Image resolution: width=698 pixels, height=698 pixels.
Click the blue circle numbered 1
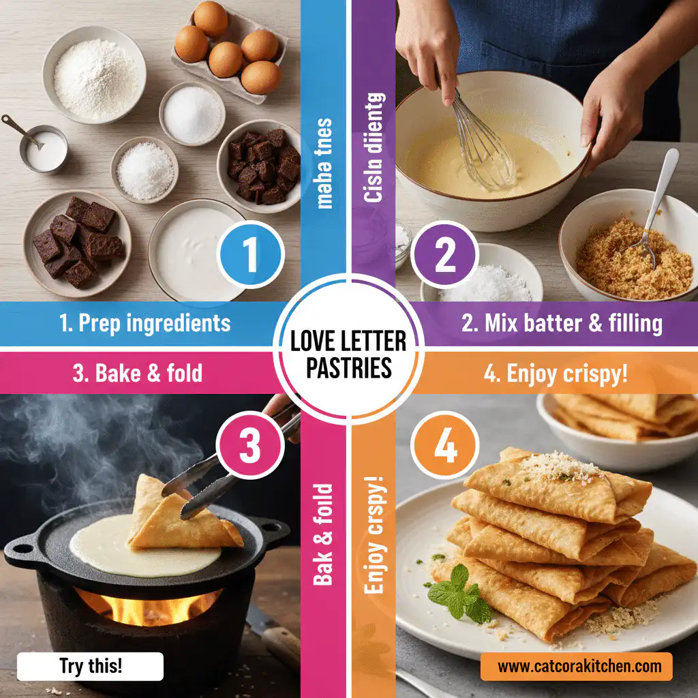[x=250, y=254]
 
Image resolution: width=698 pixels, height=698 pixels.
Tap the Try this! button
[x=90, y=667]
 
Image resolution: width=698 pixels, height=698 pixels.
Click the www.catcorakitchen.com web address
[x=576, y=666]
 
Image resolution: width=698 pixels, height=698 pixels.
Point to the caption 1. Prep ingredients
[x=145, y=323]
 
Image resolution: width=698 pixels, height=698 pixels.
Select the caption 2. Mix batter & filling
[x=561, y=323]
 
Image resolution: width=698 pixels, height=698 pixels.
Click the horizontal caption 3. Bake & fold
[x=138, y=373]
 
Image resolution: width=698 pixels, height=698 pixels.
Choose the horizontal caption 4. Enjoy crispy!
[x=558, y=374]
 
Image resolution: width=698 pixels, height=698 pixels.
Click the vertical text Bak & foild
[x=324, y=534]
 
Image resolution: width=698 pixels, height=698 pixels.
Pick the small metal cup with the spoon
[x=43, y=148]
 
